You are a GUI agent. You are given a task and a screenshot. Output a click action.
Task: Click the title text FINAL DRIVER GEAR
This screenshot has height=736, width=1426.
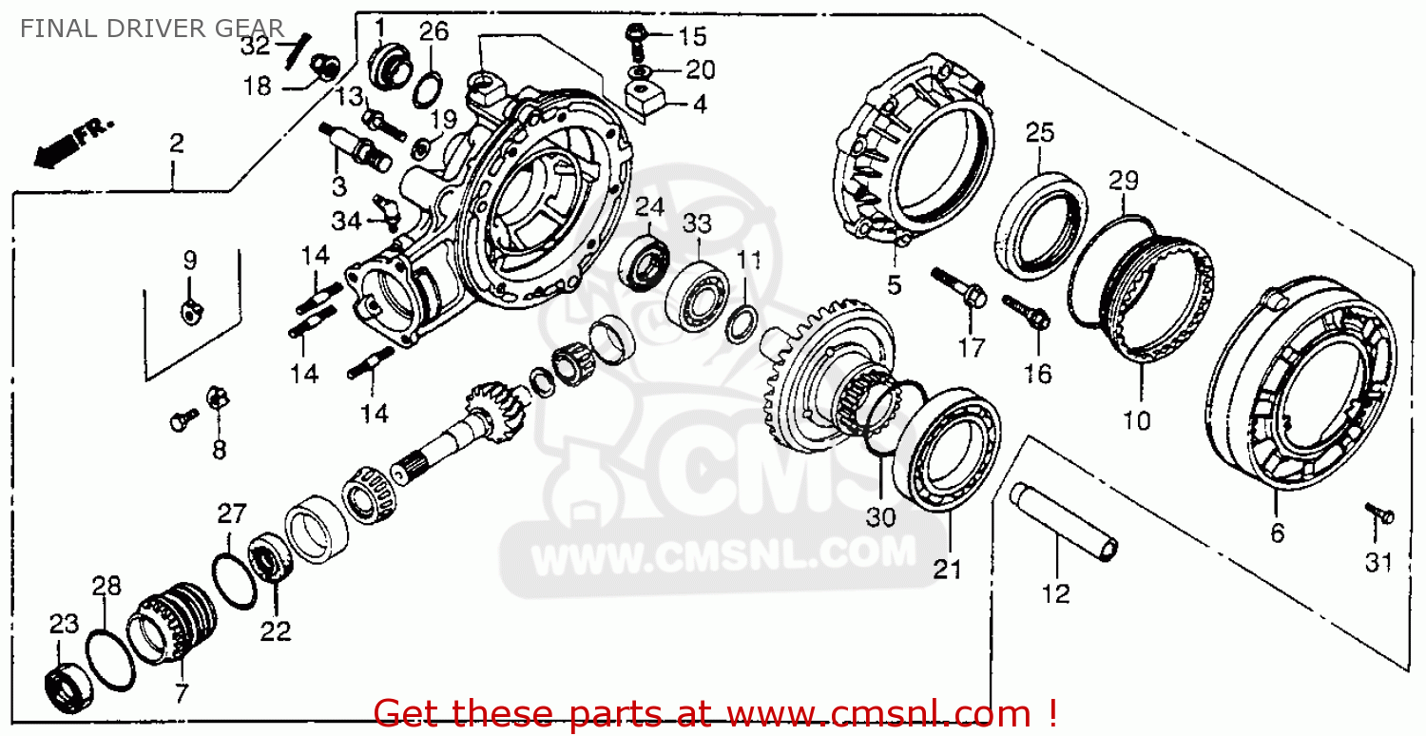151,29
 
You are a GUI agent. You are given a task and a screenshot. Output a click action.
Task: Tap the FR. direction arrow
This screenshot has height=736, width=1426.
73,144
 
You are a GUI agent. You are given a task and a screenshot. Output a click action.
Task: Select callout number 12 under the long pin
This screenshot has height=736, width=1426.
1055,593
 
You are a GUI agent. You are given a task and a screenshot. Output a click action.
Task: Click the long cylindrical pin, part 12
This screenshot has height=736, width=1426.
1063,522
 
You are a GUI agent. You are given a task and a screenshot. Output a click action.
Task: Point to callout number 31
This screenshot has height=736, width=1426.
1378,562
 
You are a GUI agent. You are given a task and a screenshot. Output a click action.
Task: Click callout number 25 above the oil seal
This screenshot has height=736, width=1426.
1040,132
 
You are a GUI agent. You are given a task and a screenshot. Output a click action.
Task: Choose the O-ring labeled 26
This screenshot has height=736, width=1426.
428,91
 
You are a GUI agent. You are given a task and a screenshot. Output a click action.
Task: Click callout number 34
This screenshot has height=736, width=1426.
347,222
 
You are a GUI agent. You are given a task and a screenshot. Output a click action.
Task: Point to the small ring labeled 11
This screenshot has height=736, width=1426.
742,323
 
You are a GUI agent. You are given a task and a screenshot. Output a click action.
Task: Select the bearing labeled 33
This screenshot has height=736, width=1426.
697,295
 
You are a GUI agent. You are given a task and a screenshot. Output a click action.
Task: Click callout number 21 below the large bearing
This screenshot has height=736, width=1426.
947,569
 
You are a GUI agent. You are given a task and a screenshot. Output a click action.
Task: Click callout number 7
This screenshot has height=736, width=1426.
182,692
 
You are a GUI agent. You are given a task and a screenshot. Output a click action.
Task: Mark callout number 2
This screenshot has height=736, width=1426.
176,144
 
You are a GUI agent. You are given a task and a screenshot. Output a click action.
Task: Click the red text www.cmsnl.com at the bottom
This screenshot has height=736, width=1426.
878,714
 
